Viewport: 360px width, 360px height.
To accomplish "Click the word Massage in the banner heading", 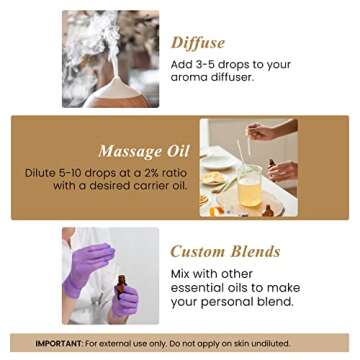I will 129,151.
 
